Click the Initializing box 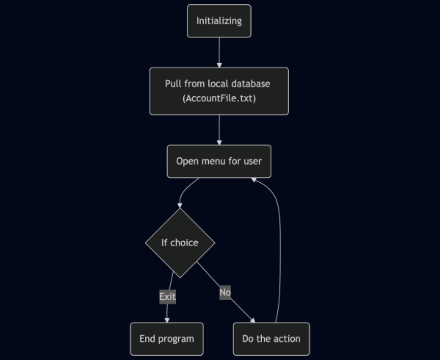[x=219, y=21]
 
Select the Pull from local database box [x=219, y=91]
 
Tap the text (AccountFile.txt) [x=219, y=98]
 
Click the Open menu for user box [x=219, y=161]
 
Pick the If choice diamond [x=180, y=243]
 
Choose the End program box [x=167, y=339]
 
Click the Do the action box [x=271, y=339]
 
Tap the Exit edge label [x=168, y=296]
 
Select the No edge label [x=225, y=292]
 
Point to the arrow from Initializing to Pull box [x=219, y=52]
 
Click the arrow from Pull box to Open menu [x=219, y=129]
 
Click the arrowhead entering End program [x=167, y=320]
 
